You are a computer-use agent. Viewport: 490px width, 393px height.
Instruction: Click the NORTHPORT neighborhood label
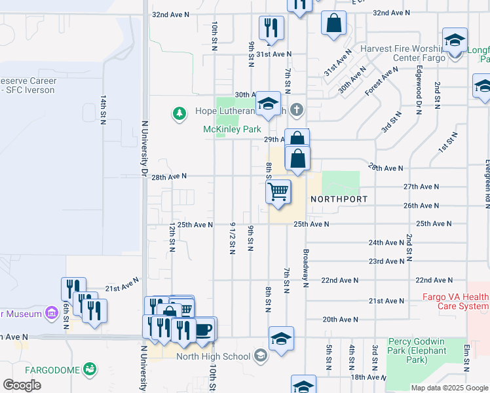click(x=338, y=198)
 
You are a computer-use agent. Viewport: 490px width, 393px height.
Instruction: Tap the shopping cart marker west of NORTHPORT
click(x=278, y=193)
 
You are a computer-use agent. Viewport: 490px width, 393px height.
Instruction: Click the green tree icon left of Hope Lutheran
click(x=179, y=114)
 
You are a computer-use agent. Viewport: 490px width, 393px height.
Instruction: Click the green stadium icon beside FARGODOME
click(x=89, y=370)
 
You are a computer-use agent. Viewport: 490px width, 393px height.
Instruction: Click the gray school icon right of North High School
click(x=260, y=356)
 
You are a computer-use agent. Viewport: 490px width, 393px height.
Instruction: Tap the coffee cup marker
click(x=204, y=329)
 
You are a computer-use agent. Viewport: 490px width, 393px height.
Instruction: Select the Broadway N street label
click(x=305, y=268)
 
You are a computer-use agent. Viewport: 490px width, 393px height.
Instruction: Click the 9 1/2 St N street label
click(x=232, y=238)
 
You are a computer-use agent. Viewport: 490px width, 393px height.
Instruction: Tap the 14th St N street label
click(x=103, y=109)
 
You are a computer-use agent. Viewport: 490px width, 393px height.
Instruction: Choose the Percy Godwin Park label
click(x=417, y=350)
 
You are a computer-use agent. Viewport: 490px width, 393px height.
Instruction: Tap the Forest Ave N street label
click(x=382, y=81)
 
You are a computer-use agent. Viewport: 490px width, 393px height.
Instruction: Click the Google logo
click(x=22, y=385)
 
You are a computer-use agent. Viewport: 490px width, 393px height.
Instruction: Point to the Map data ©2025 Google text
click(x=449, y=388)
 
